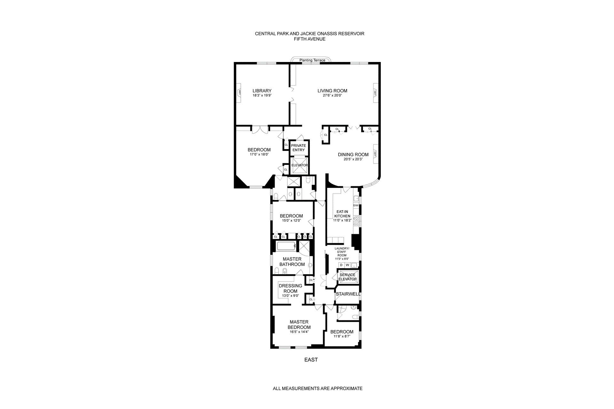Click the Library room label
[x=262, y=91]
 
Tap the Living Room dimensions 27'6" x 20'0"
[x=332, y=95]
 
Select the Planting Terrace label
[x=312, y=60]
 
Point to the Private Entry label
[x=298, y=148]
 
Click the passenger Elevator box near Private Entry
[x=299, y=165]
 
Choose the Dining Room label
[x=353, y=155]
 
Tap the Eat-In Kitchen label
[x=342, y=214]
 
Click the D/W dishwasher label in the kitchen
[x=356, y=205]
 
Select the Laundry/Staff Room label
[x=342, y=252]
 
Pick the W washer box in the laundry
[x=348, y=265]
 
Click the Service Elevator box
[x=348, y=277]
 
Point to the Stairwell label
[x=348, y=294]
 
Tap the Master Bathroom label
[x=292, y=262]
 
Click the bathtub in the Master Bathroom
[x=286, y=246]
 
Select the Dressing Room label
[x=290, y=288]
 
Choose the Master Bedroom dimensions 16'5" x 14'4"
[x=299, y=332]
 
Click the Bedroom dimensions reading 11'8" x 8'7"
[x=342, y=336]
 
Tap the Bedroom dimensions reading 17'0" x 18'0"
[x=259, y=154]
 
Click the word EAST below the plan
[x=311, y=360]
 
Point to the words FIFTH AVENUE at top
[x=310, y=39]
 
